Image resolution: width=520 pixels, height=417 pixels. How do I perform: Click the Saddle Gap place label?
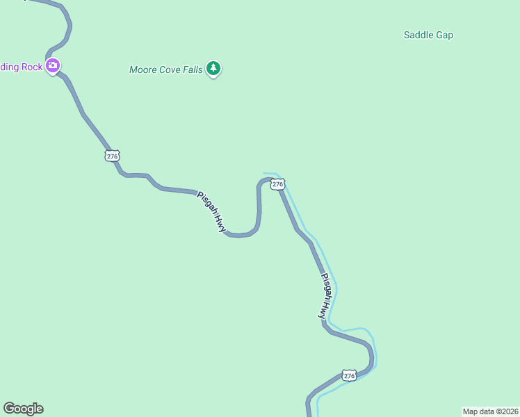coord(428,35)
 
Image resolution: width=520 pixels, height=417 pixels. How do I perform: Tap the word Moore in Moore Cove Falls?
coord(143,69)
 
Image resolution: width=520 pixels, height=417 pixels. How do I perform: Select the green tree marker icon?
coord(214,68)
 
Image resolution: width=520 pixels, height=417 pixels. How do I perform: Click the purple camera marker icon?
coord(53,66)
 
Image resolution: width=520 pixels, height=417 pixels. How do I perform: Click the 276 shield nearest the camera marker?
coord(113,156)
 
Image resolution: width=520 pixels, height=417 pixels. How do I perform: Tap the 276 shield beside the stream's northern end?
coord(277,184)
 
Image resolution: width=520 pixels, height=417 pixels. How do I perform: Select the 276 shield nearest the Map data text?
coord(349,375)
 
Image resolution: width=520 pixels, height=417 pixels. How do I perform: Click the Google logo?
coord(23,409)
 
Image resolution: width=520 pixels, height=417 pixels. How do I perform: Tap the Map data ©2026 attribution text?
coord(491,411)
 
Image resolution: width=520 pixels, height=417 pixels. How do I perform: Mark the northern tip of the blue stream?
coord(264,173)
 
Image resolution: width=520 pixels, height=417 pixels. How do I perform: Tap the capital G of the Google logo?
coord(8,409)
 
